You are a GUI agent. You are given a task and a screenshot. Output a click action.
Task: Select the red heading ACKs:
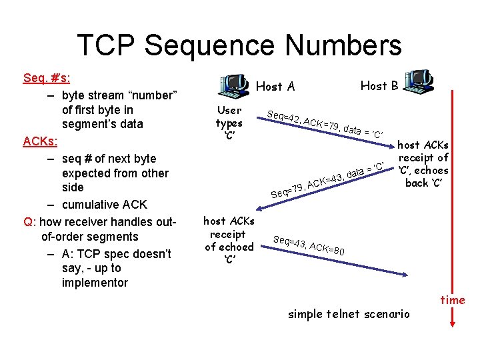(x=41, y=141)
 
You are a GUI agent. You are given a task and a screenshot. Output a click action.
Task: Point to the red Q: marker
(x=29, y=221)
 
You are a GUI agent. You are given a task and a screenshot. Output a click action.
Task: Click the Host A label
(x=275, y=87)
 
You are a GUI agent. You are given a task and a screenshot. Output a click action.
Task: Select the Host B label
(x=379, y=85)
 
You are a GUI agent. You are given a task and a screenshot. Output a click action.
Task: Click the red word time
(x=453, y=300)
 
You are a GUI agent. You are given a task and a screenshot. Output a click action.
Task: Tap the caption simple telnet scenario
(x=349, y=314)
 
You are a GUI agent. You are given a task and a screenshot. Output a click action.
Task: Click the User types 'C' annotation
(x=229, y=122)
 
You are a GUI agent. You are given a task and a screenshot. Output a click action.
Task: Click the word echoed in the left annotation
(x=229, y=247)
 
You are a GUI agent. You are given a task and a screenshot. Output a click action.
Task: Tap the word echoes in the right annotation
(x=431, y=170)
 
